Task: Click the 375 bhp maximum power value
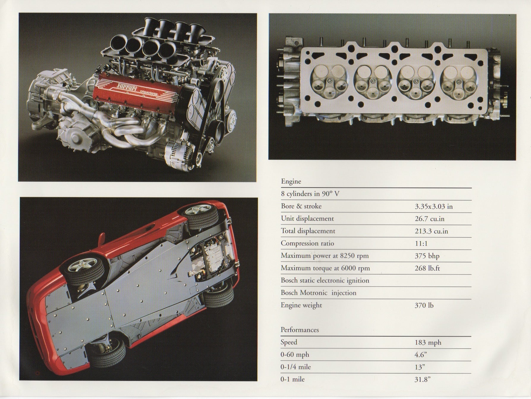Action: [x=427, y=256]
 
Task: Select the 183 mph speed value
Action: [x=428, y=343]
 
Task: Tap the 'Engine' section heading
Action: [x=291, y=181]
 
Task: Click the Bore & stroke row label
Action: [x=301, y=206]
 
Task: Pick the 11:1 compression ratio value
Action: [x=421, y=244]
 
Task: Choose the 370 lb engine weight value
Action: [x=424, y=305]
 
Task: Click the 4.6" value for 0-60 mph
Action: [x=421, y=355]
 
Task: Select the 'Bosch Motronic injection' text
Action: [x=319, y=293]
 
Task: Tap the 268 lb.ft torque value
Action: [x=427, y=268]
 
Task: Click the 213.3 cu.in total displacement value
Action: [x=431, y=231]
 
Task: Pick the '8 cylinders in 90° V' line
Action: [x=310, y=194]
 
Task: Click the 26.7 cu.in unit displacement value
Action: [x=429, y=219]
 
